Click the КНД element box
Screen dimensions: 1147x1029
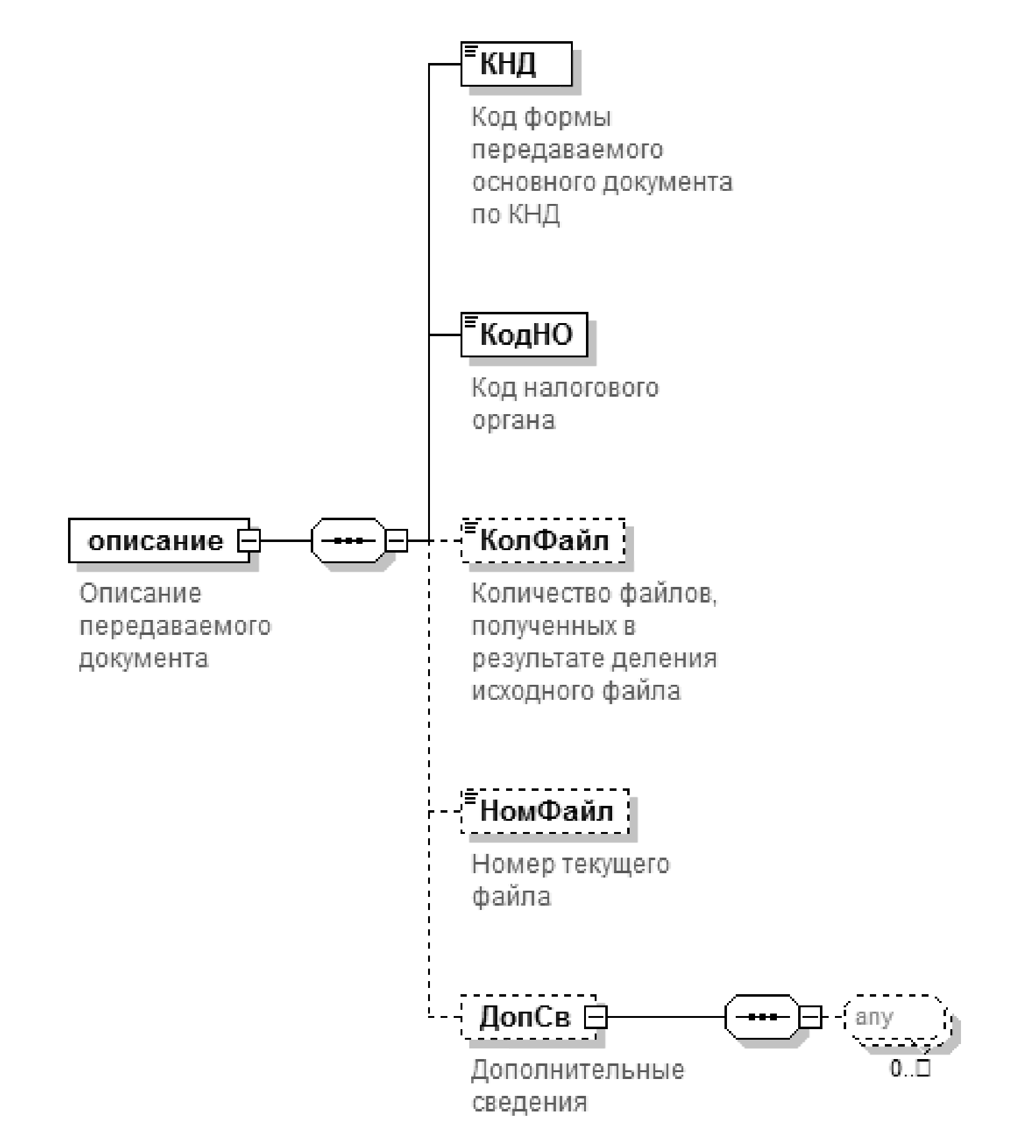pyautogui.click(x=516, y=64)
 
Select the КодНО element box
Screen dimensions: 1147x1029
pyautogui.click(x=524, y=335)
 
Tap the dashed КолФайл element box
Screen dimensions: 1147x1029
pyautogui.click(x=543, y=541)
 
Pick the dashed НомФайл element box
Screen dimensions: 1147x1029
pyautogui.click(x=545, y=811)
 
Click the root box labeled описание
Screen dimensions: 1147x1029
pyautogui.click(x=156, y=541)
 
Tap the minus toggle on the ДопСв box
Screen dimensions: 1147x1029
pyautogui.click(x=596, y=1018)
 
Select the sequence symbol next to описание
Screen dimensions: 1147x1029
pyautogui.click(x=348, y=541)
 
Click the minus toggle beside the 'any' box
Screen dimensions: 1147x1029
pyautogui.click(x=810, y=1018)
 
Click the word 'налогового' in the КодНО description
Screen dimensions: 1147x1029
pyautogui.click(x=590, y=388)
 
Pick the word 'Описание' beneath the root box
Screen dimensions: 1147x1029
pyautogui.click(x=140, y=594)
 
